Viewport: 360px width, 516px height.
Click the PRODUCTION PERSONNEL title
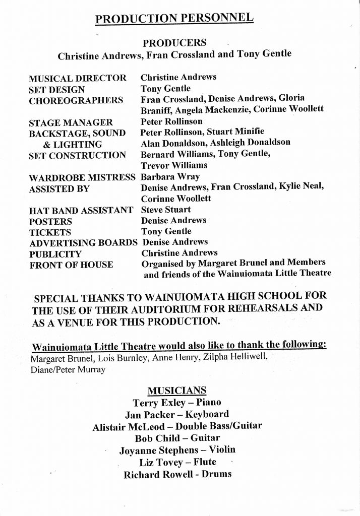174,19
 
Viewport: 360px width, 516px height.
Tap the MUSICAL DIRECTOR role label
77,78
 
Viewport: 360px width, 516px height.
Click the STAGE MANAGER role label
71,122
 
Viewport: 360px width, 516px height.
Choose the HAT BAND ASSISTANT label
81,210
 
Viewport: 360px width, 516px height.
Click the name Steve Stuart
166,210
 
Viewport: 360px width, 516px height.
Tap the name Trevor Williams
174,165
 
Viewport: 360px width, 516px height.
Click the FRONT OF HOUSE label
71,265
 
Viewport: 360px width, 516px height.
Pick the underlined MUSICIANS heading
176,391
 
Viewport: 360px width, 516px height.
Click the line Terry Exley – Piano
176,403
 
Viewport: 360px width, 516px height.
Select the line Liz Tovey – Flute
177,462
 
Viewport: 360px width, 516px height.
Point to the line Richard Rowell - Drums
177,474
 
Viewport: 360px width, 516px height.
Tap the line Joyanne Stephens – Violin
177,450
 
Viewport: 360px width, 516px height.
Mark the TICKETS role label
50,232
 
